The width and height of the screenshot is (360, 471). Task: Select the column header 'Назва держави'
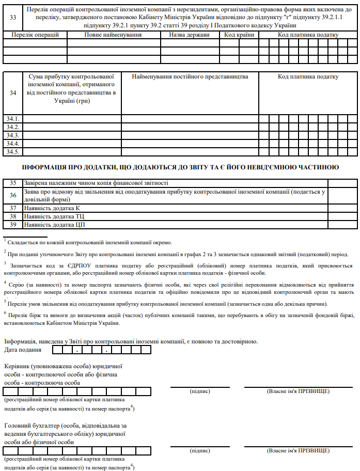click(x=190, y=35)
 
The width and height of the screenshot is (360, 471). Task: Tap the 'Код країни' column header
click(x=239, y=35)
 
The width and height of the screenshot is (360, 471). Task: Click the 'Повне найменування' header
click(x=113, y=35)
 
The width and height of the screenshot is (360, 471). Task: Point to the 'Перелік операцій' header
click(x=35, y=35)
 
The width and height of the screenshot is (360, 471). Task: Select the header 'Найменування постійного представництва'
click(x=190, y=77)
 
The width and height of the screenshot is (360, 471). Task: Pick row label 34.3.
click(x=13, y=135)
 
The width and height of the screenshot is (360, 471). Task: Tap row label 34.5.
click(x=13, y=152)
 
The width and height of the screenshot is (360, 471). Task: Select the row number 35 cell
click(x=13, y=183)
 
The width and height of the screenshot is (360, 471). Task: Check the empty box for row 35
click(x=340, y=183)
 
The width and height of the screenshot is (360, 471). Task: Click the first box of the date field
click(x=57, y=350)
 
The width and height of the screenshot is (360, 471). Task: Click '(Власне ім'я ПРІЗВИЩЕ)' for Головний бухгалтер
click(x=298, y=451)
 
